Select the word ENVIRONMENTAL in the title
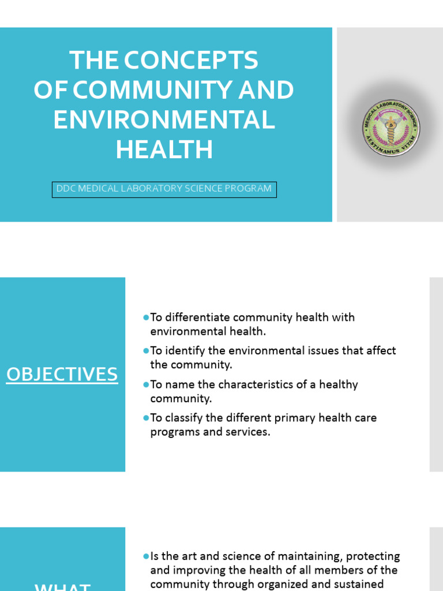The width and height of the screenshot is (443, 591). click(x=164, y=120)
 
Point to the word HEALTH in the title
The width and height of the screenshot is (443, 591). click(x=164, y=150)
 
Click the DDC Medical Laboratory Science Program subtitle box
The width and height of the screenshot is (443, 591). click(x=164, y=189)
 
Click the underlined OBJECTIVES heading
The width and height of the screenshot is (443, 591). click(x=62, y=375)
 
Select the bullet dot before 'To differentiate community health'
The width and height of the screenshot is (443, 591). click(x=146, y=317)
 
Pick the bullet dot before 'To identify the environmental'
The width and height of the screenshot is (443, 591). click(x=146, y=351)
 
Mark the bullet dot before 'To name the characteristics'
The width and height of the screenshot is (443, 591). click(x=146, y=384)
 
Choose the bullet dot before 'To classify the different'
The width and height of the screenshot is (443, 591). click(x=146, y=418)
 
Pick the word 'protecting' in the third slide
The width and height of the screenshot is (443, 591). click(x=374, y=556)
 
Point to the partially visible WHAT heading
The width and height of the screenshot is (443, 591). click(x=62, y=586)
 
